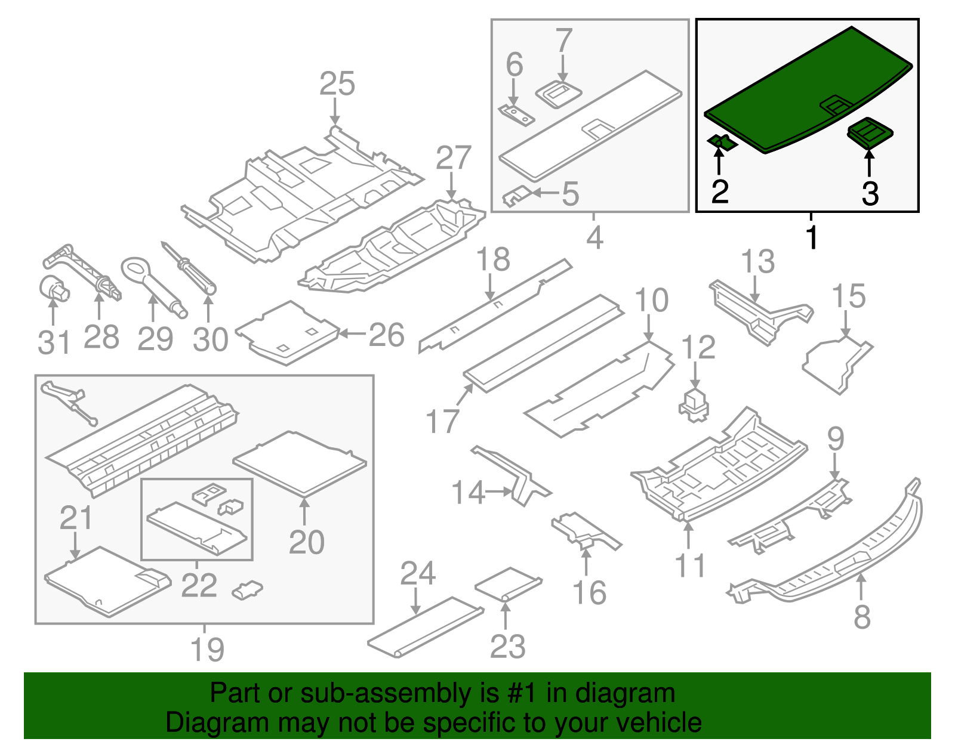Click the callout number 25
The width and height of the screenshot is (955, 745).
pos(337,84)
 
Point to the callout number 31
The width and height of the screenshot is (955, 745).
pos(54,342)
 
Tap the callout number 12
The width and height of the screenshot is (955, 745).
pos(698,347)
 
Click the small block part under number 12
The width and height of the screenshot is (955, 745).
pos(695,406)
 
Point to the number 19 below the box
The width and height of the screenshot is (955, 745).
pos(207,649)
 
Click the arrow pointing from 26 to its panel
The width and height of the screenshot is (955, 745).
pos(353,333)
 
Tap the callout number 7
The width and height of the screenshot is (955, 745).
pos(563,41)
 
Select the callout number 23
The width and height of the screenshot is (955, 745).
pos(507,646)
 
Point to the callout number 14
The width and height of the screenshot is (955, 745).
pos(467,493)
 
